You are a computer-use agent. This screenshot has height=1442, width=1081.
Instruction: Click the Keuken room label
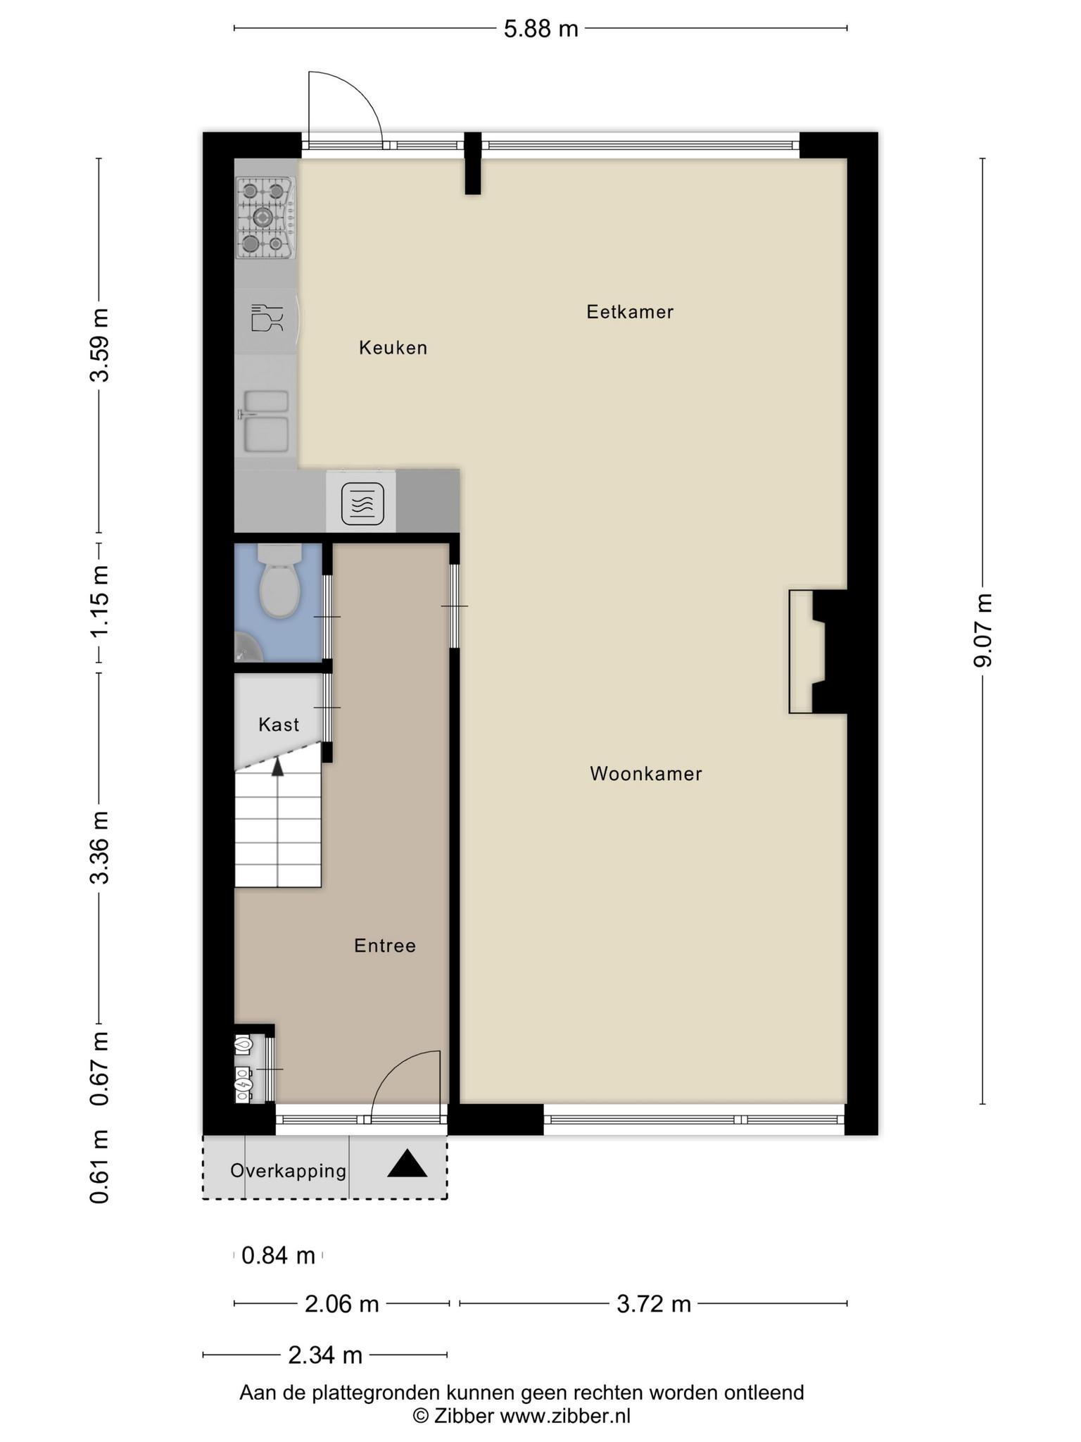coord(393,348)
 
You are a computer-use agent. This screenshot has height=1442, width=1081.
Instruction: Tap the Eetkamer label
coord(630,312)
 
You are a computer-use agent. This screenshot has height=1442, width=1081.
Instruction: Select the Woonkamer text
coord(645,774)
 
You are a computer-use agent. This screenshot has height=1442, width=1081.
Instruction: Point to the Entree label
coord(384,946)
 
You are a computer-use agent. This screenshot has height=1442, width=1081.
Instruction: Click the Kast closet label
coord(279,725)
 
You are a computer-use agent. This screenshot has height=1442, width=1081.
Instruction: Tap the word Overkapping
coord(289,1171)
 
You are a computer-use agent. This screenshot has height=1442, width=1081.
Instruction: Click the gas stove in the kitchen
coord(265,218)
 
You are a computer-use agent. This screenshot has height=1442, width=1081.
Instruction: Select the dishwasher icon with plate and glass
coord(267,318)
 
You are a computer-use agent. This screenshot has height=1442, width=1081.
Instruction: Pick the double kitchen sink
coord(265,422)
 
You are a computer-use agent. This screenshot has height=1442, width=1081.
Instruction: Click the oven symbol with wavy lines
coord(362,503)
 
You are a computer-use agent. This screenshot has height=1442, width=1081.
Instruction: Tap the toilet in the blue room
coord(279,582)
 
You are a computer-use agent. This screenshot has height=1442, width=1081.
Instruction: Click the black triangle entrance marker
coord(407,1163)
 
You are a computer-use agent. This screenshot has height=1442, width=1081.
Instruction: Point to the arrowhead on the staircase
coord(278,767)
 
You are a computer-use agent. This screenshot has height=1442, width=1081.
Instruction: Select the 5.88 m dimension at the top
coord(540,29)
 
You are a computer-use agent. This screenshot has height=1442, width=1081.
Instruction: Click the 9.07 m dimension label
coord(982,630)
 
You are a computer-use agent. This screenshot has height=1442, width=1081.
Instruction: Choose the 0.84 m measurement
coord(278,1255)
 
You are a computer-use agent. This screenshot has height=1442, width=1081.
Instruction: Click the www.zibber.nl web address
coord(564,1417)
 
